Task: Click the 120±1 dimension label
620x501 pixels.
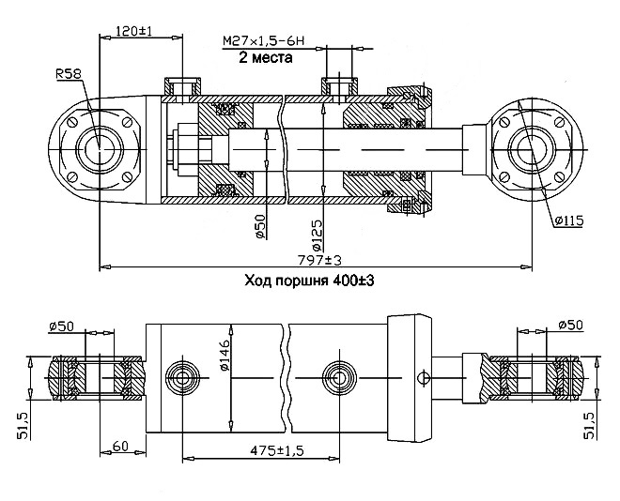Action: click(134, 31)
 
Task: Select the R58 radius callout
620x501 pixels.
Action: click(68, 74)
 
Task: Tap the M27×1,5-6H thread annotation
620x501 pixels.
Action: click(263, 40)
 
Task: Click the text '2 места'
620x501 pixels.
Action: click(266, 58)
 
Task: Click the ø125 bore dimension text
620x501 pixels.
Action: click(318, 235)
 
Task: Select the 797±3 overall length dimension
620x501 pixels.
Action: click(318, 261)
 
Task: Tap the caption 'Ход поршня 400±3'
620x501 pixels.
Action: click(309, 281)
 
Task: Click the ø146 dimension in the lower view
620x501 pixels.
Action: click(225, 355)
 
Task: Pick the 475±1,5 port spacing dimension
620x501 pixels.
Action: click(276, 450)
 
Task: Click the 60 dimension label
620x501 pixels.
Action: click(120, 447)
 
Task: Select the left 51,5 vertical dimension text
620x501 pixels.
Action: click(23, 426)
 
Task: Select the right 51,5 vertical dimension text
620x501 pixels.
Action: click(590, 426)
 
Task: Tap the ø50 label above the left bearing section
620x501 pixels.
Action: click(61, 326)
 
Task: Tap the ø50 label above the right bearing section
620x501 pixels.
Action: click(570, 325)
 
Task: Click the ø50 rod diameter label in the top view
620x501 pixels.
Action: click(260, 226)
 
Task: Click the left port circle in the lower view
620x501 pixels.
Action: click(182, 378)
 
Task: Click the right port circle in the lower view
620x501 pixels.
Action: click(339, 378)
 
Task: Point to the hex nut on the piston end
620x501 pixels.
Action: click(186, 150)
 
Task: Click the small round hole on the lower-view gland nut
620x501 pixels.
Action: click(424, 378)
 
